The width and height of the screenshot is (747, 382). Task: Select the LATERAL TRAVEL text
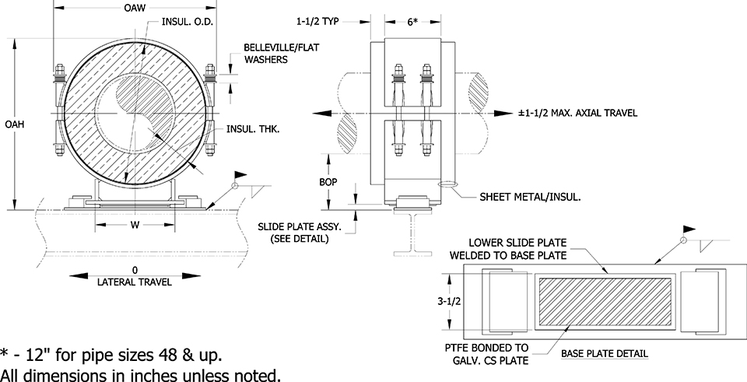135,282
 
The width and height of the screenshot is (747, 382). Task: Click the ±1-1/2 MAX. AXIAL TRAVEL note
577,113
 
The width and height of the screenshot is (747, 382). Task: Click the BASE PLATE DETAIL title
605,354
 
